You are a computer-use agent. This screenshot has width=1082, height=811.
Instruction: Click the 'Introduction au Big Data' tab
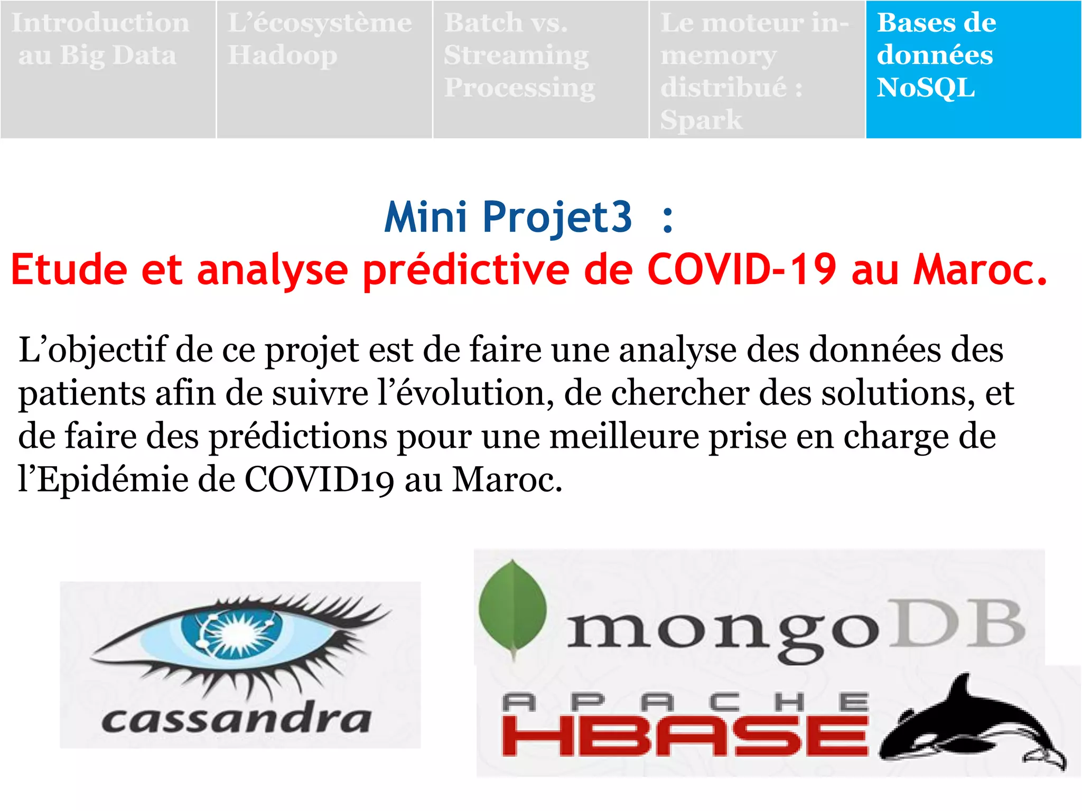[x=108, y=69]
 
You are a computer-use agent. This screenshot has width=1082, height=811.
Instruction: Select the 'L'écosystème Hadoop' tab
[x=324, y=69]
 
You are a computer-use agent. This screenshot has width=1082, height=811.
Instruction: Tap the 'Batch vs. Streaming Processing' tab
[x=540, y=69]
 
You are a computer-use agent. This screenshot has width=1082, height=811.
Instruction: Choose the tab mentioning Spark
[x=757, y=69]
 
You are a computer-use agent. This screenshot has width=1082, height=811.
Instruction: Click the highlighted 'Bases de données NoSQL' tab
[x=973, y=69]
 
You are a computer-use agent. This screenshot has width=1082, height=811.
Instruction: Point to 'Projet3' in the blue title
[x=557, y=218]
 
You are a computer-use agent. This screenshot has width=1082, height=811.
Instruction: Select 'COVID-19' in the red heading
[x=742, y=269]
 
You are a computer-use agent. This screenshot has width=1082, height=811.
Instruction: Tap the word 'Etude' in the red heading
[x=69, y=269]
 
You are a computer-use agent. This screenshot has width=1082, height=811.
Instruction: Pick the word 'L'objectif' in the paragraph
[x=92, y=351]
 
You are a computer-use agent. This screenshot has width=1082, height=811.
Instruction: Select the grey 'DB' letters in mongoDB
[x=957, y=624]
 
